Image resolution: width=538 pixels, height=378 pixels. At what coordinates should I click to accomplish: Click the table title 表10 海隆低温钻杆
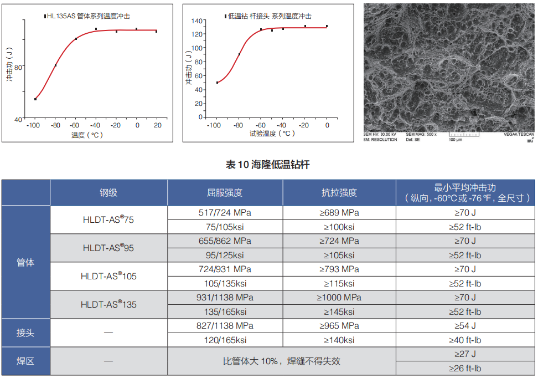coord(268,165)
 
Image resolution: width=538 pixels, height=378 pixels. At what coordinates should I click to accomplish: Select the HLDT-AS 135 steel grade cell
coord(108,304)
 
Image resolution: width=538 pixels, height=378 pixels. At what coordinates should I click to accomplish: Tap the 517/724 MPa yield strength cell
coord(225,213)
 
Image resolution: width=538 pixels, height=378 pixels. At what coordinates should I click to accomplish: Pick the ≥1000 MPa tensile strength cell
coord(339,298)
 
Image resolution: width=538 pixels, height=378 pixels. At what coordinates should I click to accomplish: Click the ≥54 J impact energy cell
coord(465,326)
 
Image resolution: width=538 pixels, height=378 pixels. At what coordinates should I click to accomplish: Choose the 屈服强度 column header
coord(225,193)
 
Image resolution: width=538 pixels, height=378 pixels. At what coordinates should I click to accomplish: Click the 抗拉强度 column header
coord(339,193)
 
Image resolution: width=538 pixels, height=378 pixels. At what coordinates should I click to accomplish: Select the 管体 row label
coord(25,262)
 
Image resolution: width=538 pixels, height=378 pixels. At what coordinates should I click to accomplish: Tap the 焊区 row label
coord(25,361)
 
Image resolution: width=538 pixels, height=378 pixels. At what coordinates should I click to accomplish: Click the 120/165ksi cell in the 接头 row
coord(225,340)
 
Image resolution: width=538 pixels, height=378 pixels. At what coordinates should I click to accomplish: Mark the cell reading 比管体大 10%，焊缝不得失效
coord(281,361)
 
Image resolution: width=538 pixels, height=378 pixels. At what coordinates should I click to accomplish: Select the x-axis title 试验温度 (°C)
coord(272,134)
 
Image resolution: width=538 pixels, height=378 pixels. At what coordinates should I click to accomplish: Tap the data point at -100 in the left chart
coord(35,99)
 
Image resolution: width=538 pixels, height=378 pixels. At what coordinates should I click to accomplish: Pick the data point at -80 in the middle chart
coord(239,54)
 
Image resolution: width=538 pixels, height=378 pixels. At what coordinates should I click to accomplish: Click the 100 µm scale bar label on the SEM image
coord(455,140)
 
